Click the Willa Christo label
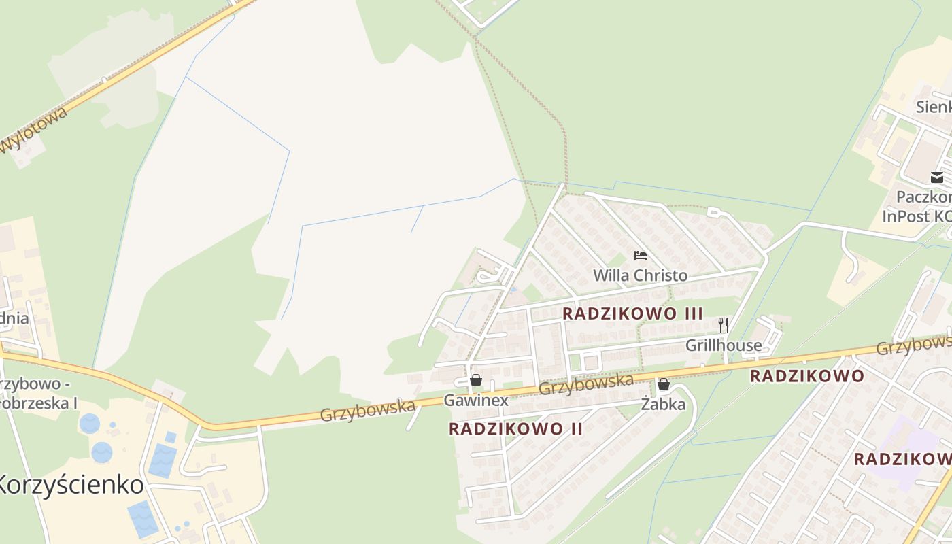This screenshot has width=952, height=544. coord(640,275)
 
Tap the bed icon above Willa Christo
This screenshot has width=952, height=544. coord(640,256)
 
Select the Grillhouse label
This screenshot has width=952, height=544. coord(724,345)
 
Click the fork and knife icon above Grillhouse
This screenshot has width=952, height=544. coord(724,325)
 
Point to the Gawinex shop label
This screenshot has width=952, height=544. coord(476,400)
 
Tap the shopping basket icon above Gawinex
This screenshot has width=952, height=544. coord(476,380)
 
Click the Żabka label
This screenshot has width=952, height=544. coord(664,405)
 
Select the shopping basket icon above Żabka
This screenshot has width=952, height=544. coord(664,385)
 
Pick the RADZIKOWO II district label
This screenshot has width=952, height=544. coord(516,428)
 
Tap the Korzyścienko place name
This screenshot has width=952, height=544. coord(71,485)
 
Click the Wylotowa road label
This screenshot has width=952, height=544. coord(34,131)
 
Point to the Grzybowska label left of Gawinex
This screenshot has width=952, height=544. coord(367,411)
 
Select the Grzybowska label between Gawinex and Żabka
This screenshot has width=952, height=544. coord(586,386)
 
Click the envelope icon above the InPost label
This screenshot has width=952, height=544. coord(937,178)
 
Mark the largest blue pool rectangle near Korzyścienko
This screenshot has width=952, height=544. coord(163,460)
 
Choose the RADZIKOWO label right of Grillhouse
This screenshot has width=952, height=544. coord(807,376)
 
